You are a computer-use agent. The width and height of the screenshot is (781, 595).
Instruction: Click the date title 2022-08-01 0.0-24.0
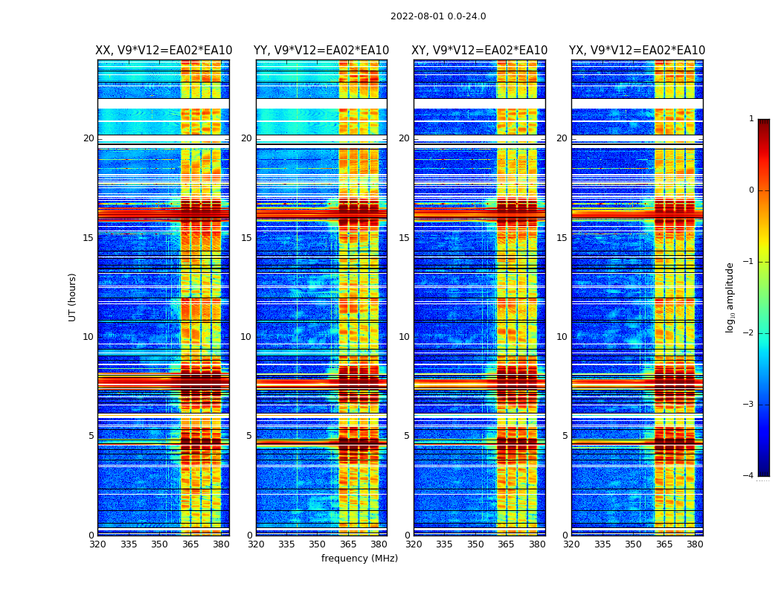click(x=438, y=16)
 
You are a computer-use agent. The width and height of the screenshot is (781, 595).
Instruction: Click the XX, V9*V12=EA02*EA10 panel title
click(x=164, y=51)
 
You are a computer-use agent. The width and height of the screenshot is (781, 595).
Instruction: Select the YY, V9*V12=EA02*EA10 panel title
click(x=321, y=51)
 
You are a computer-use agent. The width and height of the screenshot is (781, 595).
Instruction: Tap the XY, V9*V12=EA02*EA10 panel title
click(x=480, y=51)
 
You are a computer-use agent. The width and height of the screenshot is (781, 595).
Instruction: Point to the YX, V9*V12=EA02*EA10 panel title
click(x=637, y=51)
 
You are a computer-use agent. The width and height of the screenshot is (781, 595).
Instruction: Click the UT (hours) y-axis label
click(x=73, y=297)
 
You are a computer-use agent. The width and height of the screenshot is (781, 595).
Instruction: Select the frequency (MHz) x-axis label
click(x=359, y=559)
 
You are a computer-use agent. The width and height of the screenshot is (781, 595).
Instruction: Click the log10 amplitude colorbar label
click(x=730, y=297)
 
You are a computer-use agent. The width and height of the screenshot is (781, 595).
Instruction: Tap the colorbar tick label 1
click(x=751, y=119)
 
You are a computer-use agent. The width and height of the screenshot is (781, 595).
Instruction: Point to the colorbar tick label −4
click(x=749, y=476)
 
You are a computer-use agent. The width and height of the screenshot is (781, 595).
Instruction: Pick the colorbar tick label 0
click(x=751, y=190)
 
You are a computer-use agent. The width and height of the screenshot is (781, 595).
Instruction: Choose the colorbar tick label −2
click(x=749, y=333)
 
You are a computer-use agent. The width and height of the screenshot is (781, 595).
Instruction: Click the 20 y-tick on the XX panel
click(x=89, y=138)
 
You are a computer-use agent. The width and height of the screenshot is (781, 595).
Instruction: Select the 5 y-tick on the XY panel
click(x=407, y=436)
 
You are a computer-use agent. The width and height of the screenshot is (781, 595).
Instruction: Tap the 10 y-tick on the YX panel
click(x=562, y=337)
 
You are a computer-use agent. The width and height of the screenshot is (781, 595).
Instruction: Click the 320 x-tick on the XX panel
click(x=97, y=544)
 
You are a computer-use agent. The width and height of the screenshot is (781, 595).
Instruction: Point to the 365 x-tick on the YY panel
click(x=348, y=544)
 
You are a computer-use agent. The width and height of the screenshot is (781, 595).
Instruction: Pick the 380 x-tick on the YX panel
click(x=695, y=544)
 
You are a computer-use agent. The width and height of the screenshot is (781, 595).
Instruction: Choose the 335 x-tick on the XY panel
click(x=444, y=544)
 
